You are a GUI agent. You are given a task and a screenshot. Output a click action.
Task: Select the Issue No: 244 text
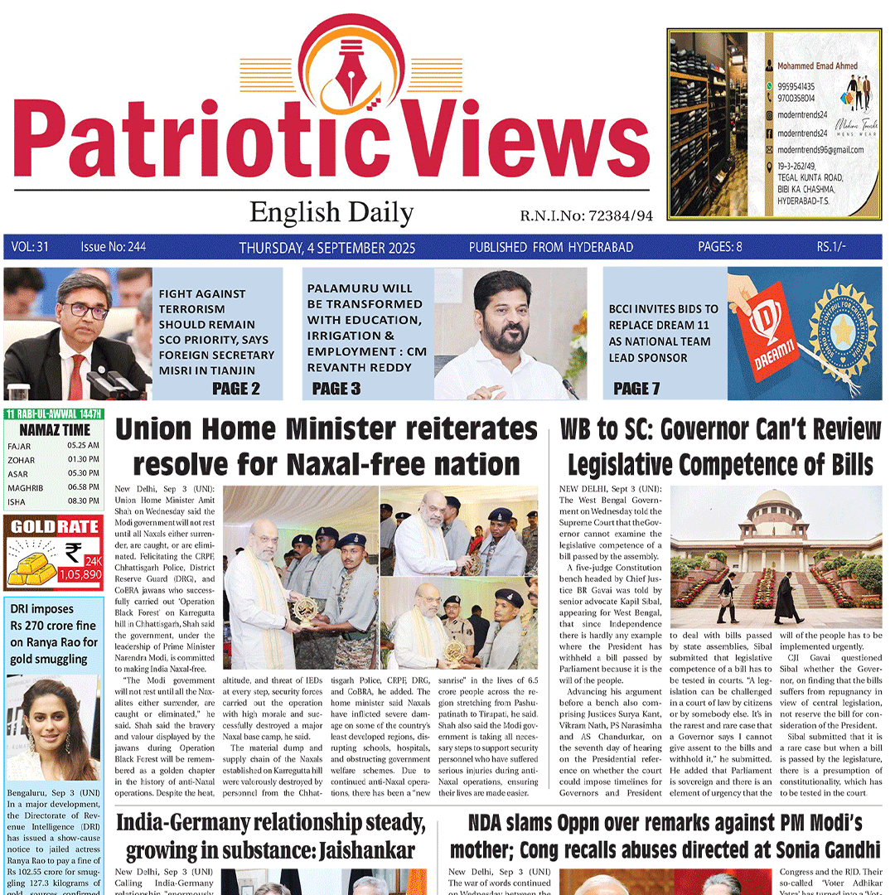[113, 247]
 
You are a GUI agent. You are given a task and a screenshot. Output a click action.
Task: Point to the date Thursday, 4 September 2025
[327, 248]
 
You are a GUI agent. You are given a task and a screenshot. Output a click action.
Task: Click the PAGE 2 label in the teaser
[235, 388]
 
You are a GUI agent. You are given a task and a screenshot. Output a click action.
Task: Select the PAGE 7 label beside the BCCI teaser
[636, 388]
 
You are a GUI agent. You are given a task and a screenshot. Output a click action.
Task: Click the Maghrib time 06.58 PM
[83, 487]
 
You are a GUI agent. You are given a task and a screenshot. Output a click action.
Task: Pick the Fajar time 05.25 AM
[83, 446]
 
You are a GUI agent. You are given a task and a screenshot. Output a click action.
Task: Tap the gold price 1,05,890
[80, 574]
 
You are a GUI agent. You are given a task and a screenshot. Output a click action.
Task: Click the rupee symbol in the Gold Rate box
[73, 551]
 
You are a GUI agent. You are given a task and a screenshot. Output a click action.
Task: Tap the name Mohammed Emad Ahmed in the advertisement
[816, 65]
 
